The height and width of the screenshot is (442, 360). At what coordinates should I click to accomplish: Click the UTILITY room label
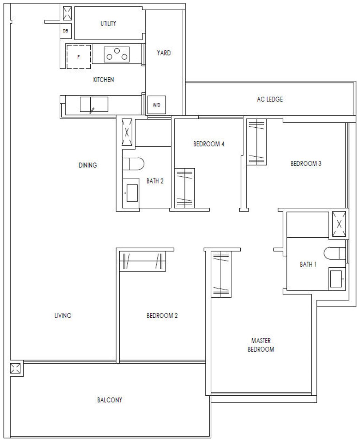(108, 23)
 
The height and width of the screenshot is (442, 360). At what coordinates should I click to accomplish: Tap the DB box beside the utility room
(66, 31)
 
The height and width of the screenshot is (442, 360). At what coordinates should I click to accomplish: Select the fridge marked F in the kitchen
(79, 57)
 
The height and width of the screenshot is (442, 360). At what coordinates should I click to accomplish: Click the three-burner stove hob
(117, 54)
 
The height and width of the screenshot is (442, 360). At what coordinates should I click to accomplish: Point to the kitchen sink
(94, 104)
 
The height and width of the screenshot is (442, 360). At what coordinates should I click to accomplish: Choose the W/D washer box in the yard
(156, 105)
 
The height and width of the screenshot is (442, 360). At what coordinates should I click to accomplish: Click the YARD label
(164, 53)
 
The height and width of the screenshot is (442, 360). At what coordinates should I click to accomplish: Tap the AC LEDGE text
(270, 99)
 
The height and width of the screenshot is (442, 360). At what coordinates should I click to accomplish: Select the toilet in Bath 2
(133, 164)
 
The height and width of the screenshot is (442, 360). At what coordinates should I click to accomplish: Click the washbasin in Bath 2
(131, 193)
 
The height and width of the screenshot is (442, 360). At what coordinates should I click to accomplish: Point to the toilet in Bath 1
(335, 253)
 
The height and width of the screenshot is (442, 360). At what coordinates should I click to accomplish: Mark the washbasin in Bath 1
(337, 279)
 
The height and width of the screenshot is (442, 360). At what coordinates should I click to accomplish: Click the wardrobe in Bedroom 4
(184, 188)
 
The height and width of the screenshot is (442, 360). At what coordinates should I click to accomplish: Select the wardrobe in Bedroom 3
(257, 142)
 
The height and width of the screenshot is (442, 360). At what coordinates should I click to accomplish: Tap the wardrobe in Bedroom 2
(142, 261)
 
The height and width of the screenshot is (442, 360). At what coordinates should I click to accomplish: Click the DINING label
(88, 165)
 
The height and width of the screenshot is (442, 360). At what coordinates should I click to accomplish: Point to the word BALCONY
(110, 400)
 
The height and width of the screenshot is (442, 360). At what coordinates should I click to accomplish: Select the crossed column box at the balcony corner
(15, 368)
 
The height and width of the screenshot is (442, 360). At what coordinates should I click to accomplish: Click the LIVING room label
(63, 316)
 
